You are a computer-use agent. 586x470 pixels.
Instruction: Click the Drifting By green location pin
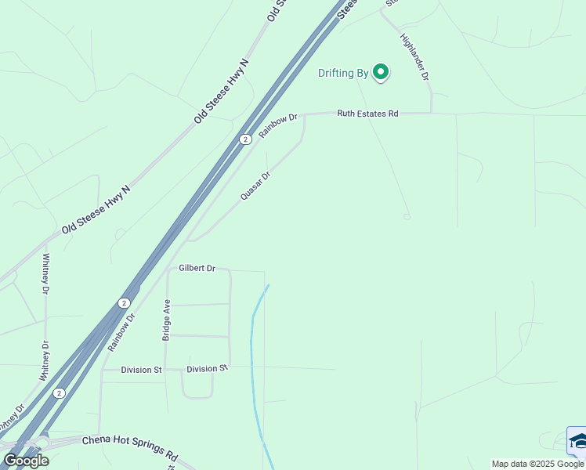click(x=381, y=72)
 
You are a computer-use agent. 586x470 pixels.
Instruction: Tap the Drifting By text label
click(x=342, y=74)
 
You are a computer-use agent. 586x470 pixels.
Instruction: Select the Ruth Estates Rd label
click(x=367, y=114)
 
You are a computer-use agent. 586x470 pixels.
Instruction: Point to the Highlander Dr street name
click(x=414, y=56)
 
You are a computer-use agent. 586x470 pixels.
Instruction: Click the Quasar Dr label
click(x=255, y=186)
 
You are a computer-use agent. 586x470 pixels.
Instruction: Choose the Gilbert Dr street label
click(x=197, y=268)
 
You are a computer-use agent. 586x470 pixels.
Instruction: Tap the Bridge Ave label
click(x=166, y=320)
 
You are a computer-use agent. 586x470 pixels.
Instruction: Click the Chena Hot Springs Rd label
click(x=130, y=446)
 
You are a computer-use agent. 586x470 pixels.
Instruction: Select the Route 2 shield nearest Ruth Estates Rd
click(x=245, y=139)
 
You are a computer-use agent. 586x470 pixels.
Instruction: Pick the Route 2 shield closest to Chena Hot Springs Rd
click(x=59, y=393)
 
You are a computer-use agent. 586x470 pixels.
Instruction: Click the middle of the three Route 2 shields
click(x=124, y=302)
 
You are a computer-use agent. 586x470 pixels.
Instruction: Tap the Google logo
click(x=26, y=461)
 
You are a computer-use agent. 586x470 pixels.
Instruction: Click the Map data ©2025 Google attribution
click(x=537, y=464)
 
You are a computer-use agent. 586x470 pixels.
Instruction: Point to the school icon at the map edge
click(x=577, y=441)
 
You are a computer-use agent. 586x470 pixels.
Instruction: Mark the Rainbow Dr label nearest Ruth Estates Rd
click(x=279, y=125)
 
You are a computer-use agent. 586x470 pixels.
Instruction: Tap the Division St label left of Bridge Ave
click(x=141, y=370)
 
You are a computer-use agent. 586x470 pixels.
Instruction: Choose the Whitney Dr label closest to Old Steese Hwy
click(x=46, y=274)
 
